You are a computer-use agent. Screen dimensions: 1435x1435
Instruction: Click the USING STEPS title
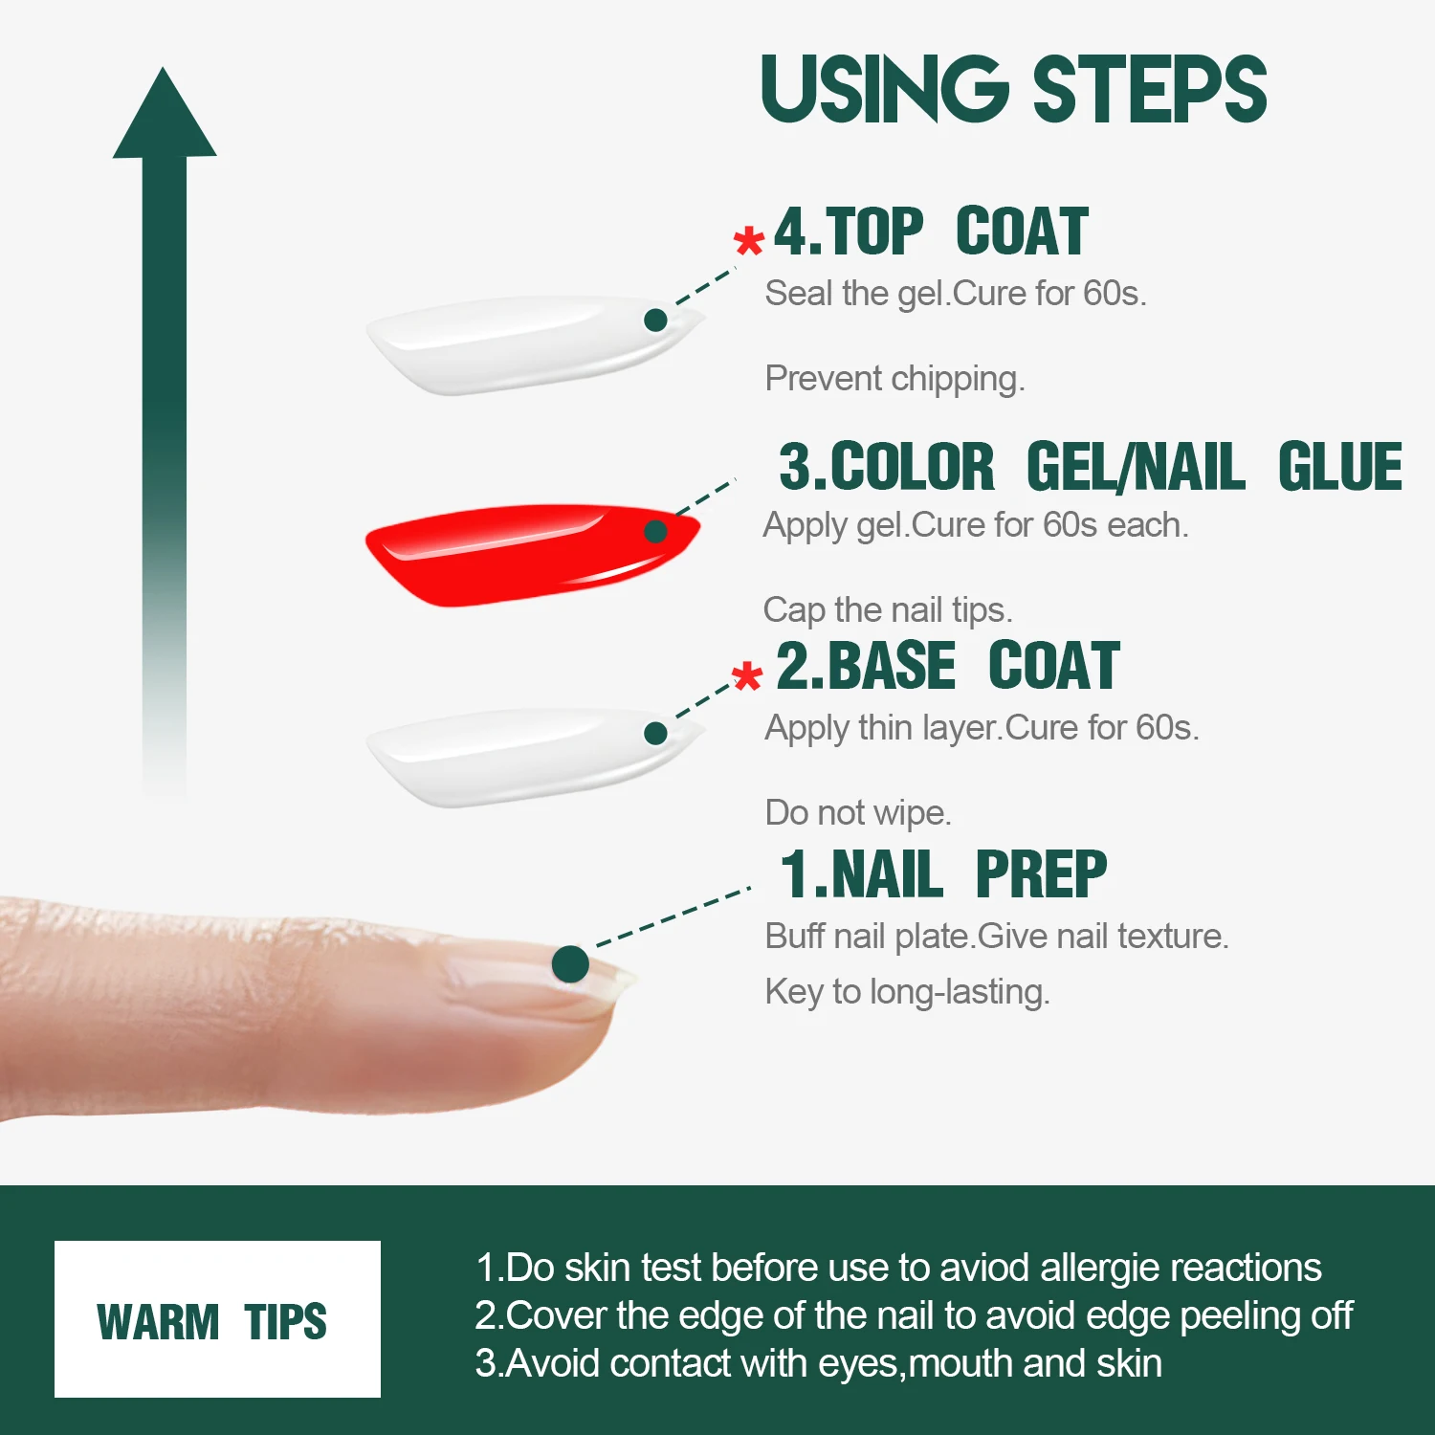(x=1013, y=89)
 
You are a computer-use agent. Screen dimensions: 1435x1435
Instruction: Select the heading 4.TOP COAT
(x=930, y=232)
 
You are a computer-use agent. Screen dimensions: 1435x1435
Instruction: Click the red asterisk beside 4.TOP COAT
(x=748, y=240)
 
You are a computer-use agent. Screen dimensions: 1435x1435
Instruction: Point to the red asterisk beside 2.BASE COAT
(x=746, y=676)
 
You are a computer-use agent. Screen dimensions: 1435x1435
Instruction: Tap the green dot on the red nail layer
(x=655, y=531)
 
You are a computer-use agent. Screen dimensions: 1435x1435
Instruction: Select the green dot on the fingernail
(x=570, y=963)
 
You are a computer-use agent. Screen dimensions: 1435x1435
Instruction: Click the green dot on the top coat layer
(x=655, y=320)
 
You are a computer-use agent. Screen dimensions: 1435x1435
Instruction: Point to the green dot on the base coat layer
(x=655, y=734)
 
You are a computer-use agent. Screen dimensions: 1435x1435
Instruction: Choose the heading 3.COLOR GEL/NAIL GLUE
(x=1090, y=468)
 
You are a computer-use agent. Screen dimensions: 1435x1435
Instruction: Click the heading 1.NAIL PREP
(x=943, y=874)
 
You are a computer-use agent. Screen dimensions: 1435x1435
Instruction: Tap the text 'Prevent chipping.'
(x=894, y=379)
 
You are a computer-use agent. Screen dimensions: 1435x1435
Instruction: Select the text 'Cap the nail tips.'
(x=887, y=609)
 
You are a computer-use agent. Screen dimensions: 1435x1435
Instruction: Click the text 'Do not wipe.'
(x=858, y=812)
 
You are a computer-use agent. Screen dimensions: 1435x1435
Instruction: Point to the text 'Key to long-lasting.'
(x=907, y=992)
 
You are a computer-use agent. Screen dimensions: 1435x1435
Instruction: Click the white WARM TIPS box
(x=217, y=1319)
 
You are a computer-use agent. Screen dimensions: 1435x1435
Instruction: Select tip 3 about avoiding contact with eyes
(x=818, y=1363)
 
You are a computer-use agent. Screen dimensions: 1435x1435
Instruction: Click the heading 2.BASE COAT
(x=947, y=667)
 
